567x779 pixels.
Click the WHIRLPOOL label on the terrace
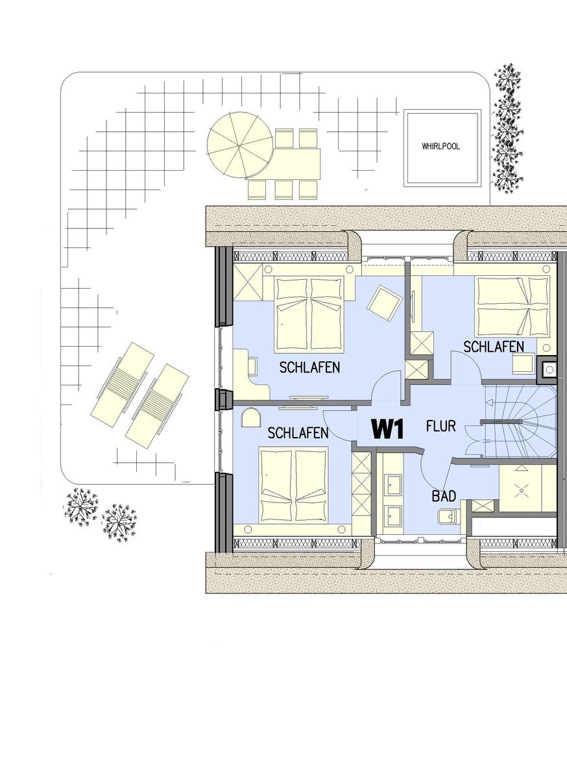pyautogui.click(x=440, y=147)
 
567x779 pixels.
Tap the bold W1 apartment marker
pyautogui.click(x=387, y=429)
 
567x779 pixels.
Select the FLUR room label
pyautogui.click(x=440, y=426)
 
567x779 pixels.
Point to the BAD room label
pyautogui.click(x=444, y=496)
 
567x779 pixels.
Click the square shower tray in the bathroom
pyautogui.click(x=522, y=490)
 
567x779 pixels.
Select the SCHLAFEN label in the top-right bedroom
pyautogui.click(x=494, y=347)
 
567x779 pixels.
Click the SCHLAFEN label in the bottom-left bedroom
pyautogui.click(x=298, y=433)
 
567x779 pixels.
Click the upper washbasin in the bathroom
pyautogui.click(x=393, y=485)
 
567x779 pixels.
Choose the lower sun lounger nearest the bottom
pyautogui.click(x=157, y=406)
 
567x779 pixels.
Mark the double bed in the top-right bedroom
pyautogui.click(x=513, y=306)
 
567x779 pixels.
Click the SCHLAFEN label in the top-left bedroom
pyautogui.click(x=309, y=367)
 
